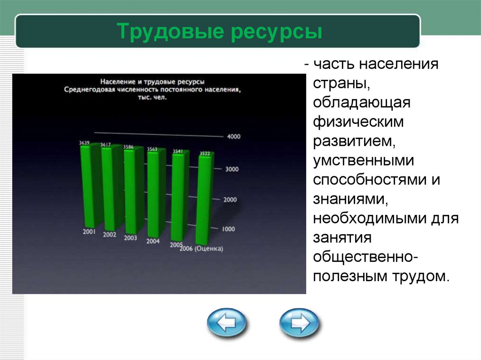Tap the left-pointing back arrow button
(x=226, y=323)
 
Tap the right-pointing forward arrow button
(x=299, y=323)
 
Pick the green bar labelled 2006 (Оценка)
(x=204, y=199)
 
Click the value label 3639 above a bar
(x=84, y=142)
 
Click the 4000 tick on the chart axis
(x=234, y=137)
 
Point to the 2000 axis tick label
(x=230, y=200)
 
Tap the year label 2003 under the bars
(x=131, y=238)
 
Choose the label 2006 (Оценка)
(x=201, y=249)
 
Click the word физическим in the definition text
(x=358, y=122)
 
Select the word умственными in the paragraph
(x=364, y=161)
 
